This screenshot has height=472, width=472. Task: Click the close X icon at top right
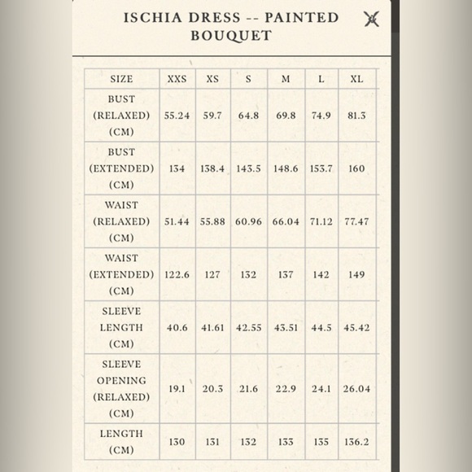click(372, 19)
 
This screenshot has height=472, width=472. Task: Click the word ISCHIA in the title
click(153, 18)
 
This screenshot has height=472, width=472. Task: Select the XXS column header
click(177, 79)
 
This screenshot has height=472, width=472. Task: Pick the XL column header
click(356, 79)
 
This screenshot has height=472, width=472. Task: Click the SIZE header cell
click(121, 79)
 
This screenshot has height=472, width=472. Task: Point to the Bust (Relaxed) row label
click(121, 115)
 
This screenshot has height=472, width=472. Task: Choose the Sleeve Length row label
click(121, 327)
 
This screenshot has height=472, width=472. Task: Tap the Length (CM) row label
click(121, 442)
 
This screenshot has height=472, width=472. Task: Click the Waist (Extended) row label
click(121, 274)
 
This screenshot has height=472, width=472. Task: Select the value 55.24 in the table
click(177, 116)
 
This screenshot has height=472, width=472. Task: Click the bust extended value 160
click(356, 168)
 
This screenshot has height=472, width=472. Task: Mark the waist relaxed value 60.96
click(248, 221)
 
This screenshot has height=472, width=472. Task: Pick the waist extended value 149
click(356, 274)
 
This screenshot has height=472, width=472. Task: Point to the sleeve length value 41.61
click(212, 328)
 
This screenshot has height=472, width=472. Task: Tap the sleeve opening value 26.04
click(356, 389)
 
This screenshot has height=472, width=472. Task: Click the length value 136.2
click(356, 442)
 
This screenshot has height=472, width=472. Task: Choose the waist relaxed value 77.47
click(356, 221)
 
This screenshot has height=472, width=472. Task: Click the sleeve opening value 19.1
click(177, 389)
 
